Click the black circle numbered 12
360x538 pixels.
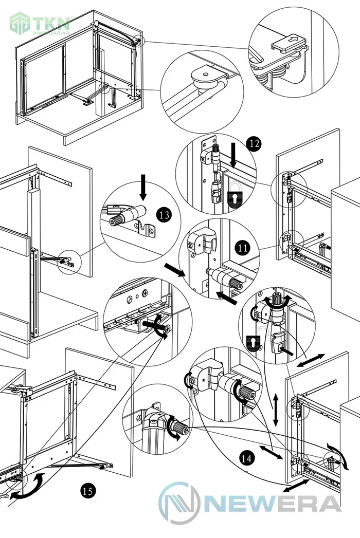point(252,144)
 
